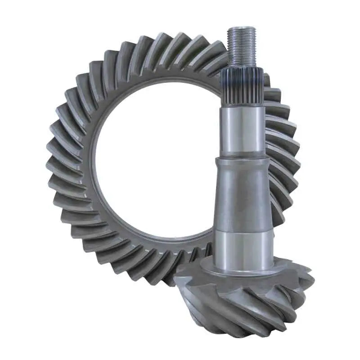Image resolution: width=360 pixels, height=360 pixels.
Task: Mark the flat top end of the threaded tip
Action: tap(242, 28)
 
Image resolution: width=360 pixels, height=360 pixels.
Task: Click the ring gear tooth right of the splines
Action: tap(273, 97)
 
